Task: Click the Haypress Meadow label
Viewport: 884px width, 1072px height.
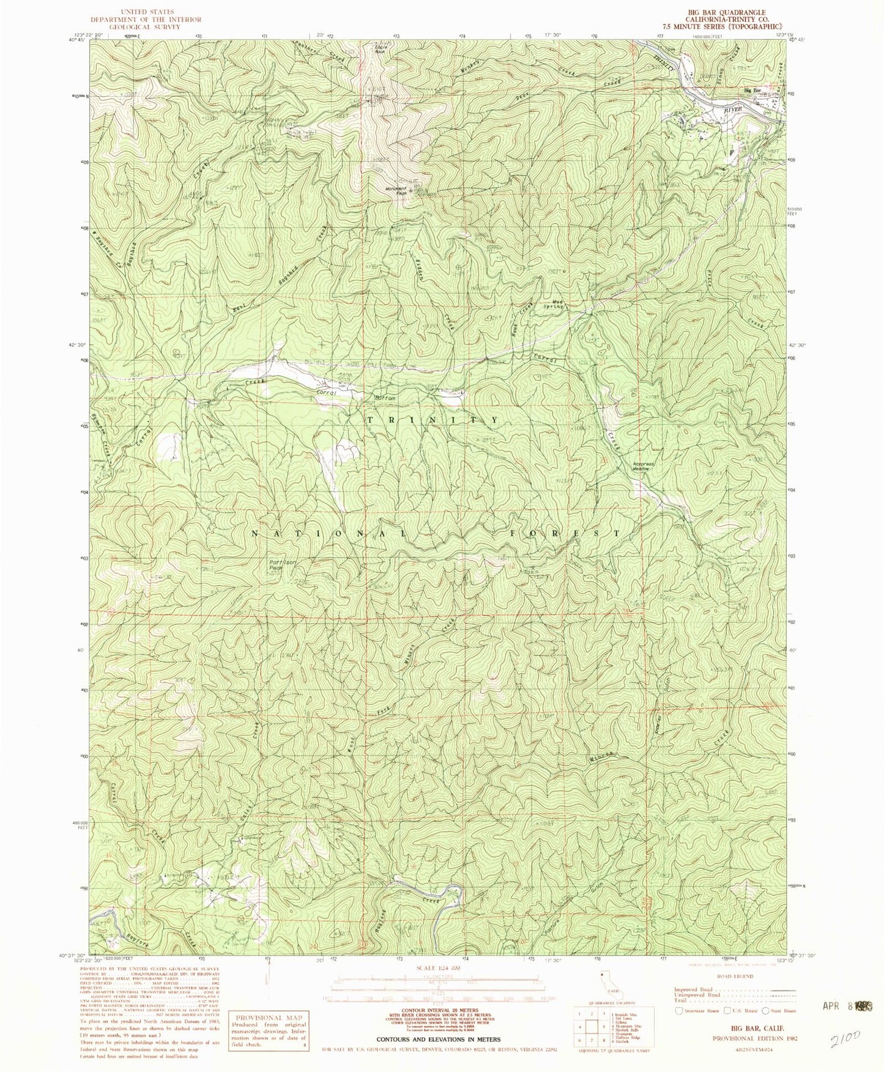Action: [x=643, y=466]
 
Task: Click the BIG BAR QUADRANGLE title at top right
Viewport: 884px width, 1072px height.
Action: [x=726, y=12]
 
